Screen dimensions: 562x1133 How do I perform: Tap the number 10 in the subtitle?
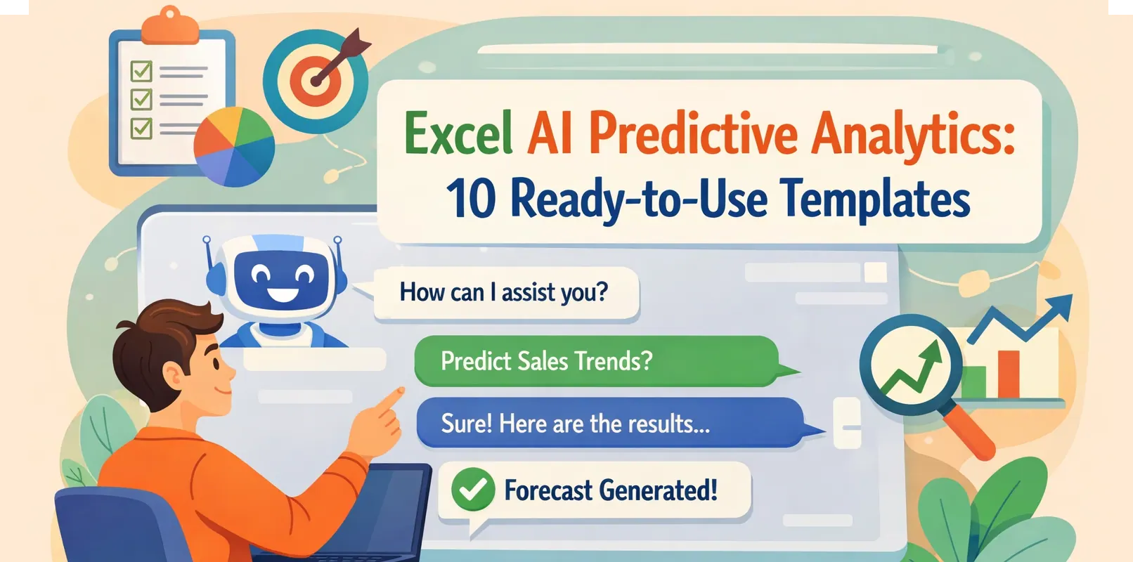(x=470, y=198)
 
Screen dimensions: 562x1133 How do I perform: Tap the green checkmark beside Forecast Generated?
(x=473, y=490)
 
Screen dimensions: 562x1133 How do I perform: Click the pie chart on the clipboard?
(x=234, y=146)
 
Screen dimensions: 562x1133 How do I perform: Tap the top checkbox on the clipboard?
(x=142, y=71)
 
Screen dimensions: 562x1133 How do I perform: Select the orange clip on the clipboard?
(x=170, y=27)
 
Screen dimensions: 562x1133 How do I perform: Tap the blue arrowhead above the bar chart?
(x=1060, y=308)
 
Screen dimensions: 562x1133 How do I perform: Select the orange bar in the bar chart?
(x=1008, y=374)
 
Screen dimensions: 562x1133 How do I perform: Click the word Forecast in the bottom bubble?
(x=548, y=490)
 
